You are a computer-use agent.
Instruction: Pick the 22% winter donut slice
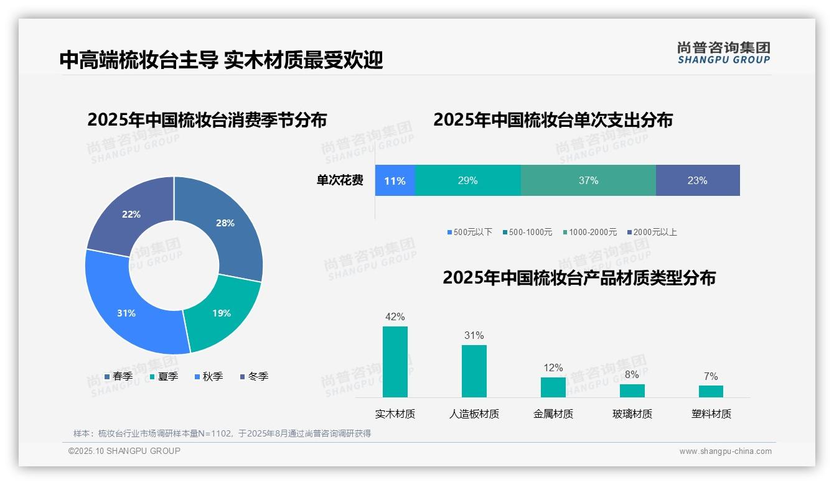coord(131,215)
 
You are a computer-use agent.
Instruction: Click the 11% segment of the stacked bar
coord(395,181)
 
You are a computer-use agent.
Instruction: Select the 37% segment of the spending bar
coord(588,181)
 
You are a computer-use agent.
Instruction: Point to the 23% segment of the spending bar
coord(697,181)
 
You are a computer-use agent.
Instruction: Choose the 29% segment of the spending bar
coord(467,181)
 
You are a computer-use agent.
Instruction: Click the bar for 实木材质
coord(395,362)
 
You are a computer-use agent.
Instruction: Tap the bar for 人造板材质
coord(474,371)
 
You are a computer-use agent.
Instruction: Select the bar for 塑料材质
coord(711,391)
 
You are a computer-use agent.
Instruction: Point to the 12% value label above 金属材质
coord(553,368)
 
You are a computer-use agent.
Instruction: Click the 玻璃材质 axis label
coord(632,414)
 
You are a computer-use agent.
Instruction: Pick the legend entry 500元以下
coord(469,233)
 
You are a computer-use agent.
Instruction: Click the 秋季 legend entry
coord(208,377)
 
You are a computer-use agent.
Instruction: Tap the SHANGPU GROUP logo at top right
coord(724,53)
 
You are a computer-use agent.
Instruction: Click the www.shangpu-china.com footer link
coord(725,451)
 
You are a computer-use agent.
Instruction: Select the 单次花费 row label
coord(340,181)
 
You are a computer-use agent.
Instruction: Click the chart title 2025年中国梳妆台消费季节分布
coord(207,120)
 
